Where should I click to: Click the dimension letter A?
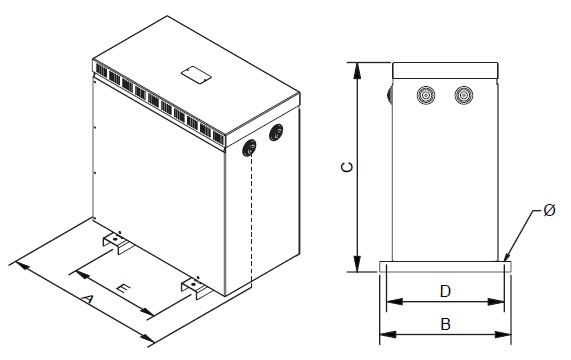tap(87, 299)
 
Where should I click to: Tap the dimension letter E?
tap(120, 288)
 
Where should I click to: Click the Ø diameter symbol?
tap(549, 211)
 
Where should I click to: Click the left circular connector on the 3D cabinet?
tap(249, 149)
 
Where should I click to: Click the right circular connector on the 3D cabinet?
tap(276, 134)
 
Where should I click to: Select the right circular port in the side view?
tap(462, 96)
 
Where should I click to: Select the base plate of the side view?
tap(445, 267)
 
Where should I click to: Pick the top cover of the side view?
tap(444, 71)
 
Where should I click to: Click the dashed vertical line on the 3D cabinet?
tap(250, 220)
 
